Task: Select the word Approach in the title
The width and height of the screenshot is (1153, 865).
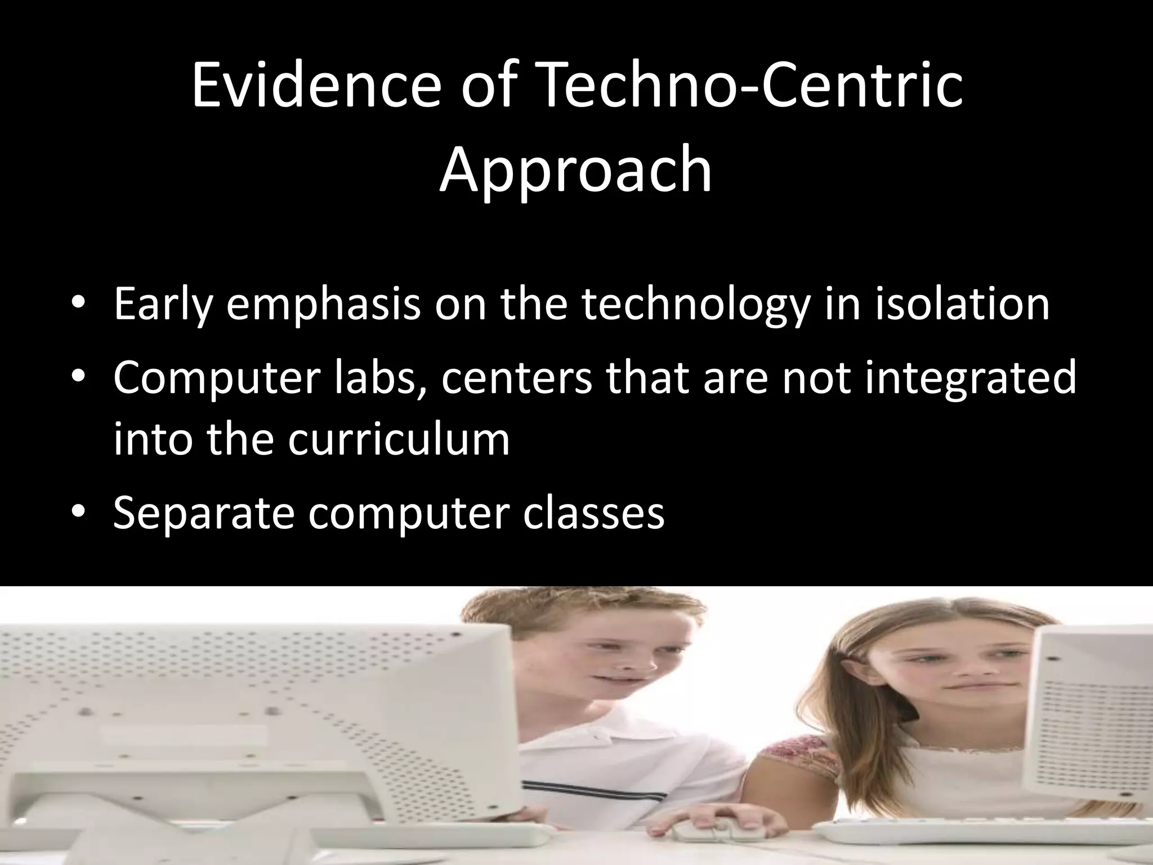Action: (x=575, y=169)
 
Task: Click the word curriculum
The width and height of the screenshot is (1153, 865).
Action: (x=399, y=439)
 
